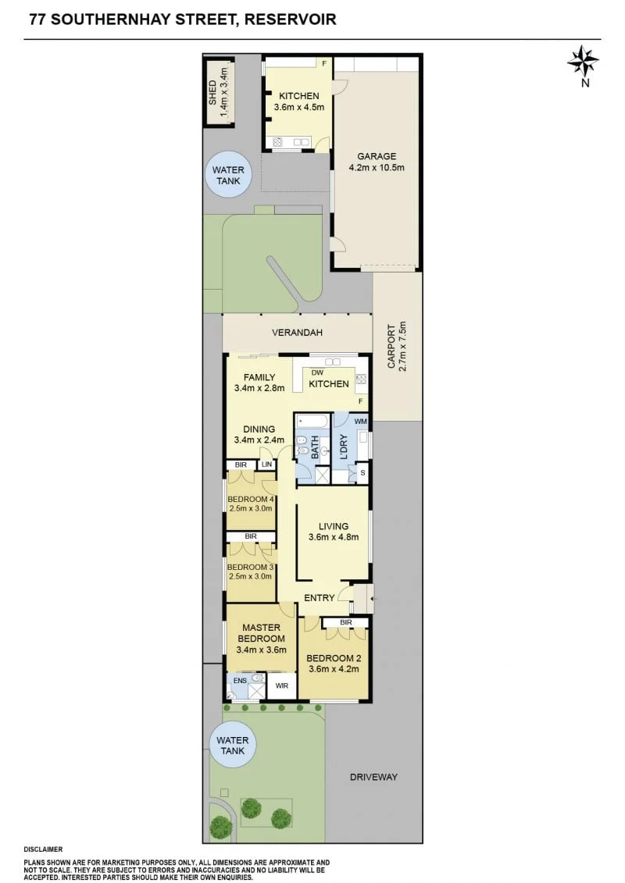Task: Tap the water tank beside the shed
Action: click(227, 175)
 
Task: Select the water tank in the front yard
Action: click(232, 746)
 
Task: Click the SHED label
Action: click(212, 92)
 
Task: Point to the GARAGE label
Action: click(377, 156)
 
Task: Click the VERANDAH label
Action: click(297, 333)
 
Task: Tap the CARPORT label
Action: click(391, 347)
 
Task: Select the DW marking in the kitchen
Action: click(317, 372)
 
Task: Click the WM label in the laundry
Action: click(361, 422)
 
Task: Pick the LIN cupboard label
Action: click(266, 465)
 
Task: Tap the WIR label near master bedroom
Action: click(282, 685)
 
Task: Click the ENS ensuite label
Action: click(240, 680)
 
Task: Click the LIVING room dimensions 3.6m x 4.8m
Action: click(334, 536)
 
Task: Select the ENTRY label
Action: click(320, 597)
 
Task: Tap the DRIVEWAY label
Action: click(373, 777)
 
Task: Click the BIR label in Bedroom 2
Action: click(346, 622)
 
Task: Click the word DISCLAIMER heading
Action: click(44, 849)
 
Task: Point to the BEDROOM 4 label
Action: click(251, 499)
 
